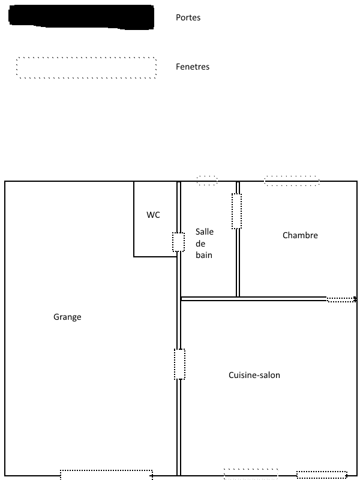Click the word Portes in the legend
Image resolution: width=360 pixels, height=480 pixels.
coord(188,18)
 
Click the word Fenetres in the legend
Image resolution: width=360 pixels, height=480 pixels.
coord(193,67)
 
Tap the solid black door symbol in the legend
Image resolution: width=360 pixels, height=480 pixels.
coord(82,17)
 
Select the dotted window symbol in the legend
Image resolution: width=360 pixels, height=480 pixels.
coord(86,67)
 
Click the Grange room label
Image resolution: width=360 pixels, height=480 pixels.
coord(67,317)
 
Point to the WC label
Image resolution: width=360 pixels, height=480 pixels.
coord(154,215)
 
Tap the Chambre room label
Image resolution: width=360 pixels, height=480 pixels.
coord(300,236)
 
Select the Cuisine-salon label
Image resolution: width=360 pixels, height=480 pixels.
coord(254,376)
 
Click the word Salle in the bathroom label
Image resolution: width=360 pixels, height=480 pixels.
coord(205,232)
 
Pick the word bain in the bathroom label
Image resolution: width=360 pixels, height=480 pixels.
coord(204,255)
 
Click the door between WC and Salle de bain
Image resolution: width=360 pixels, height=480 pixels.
coord(178,242)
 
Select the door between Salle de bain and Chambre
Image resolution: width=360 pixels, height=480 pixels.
coord(239,211)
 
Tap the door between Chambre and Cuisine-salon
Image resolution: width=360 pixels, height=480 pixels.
coord(340,301)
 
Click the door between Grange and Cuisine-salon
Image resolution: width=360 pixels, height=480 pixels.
coord(178,364)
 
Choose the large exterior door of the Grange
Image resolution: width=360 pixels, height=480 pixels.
coord(105,473)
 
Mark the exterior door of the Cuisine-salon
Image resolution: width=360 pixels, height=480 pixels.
coord(321,474)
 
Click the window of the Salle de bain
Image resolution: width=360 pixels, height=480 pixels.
coord(207,181)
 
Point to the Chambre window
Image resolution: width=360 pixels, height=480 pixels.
coord(292,181)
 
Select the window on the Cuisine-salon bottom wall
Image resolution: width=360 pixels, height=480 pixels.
coord(251,474)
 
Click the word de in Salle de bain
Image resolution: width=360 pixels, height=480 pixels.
coord(201,244)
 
